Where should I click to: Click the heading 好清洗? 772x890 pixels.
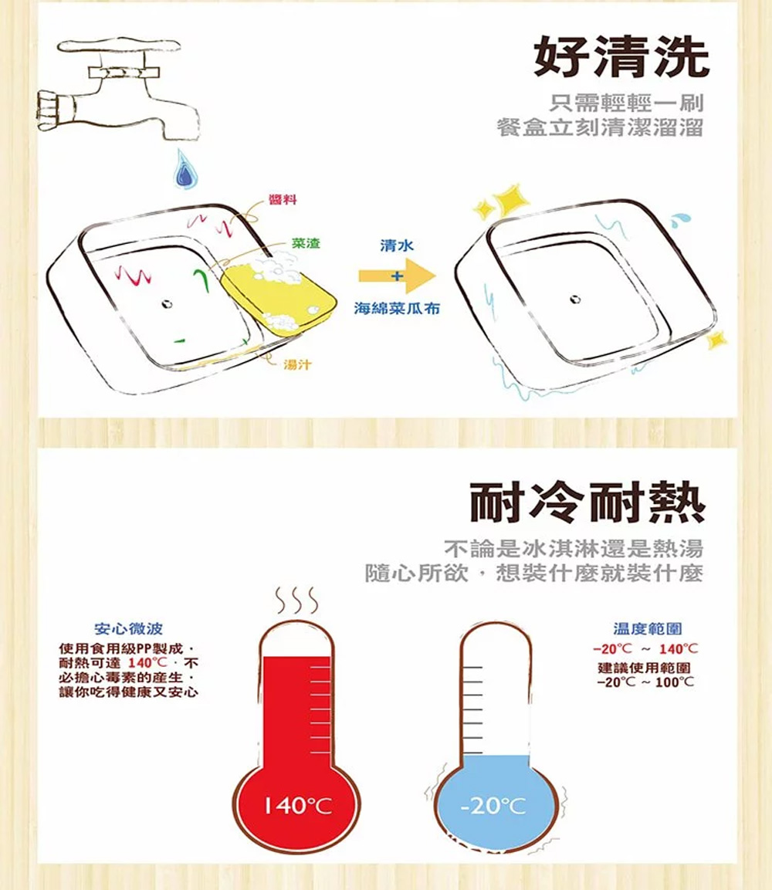[x=621, y=57]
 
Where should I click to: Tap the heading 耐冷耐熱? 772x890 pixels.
[x=587, y=503]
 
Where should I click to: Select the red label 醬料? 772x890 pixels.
[x=283, y=199]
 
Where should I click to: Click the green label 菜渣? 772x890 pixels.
[x=306, y=243]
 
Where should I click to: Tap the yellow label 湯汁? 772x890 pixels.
[x=297, y=364]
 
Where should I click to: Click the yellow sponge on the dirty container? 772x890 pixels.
[x=278, y=295]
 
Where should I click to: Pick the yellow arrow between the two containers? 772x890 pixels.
[x=397, y=276]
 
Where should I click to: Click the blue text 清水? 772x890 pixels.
[x=397, y=245]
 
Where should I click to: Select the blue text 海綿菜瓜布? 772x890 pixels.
[x=397, y=309]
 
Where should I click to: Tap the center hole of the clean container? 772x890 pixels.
[x=575, y=299]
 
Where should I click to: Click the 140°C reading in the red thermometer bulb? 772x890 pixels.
[x=298, y=805]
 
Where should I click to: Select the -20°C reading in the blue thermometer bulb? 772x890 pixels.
[x=493, y=805]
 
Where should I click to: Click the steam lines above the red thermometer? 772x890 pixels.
[x=296, y=601]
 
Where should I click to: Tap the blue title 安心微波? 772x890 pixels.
[x=129, y=628]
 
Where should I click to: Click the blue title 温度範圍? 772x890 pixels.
[x=648, y=628]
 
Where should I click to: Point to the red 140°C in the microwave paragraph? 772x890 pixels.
[x=147, y=663]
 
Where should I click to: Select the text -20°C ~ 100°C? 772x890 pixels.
[x=645, y=682]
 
